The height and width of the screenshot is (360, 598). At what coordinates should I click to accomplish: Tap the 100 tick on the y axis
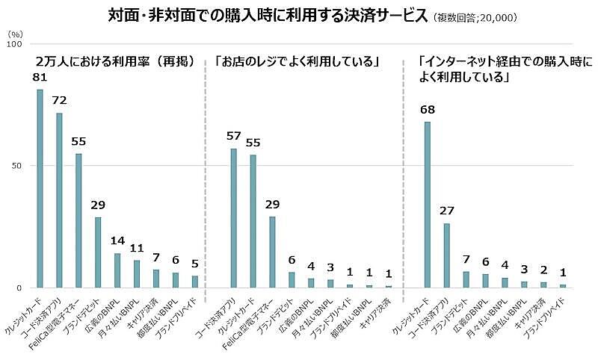tap(13, 45)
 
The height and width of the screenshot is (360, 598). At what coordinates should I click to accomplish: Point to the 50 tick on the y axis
tap(15, 166)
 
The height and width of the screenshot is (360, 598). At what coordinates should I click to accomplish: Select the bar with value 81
tap(40, 188)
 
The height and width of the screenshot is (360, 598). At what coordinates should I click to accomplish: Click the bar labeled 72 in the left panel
tap(59, 200)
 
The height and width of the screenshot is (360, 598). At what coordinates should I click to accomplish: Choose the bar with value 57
tap(233, 217)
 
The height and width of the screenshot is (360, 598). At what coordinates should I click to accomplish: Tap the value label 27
tap(446, 211)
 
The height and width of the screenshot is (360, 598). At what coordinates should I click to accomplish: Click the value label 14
tap(117, 240)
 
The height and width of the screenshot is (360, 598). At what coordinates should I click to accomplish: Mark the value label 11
tap(136, 247)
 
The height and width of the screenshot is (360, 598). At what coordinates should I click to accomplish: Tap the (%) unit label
tap(14, 34)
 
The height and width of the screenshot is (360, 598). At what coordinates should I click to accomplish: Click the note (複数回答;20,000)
tap(478, 18)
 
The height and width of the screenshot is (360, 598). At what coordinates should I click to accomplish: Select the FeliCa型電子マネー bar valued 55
tap(78, 220)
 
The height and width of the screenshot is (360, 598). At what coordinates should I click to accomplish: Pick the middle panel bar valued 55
tap(253, 221)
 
